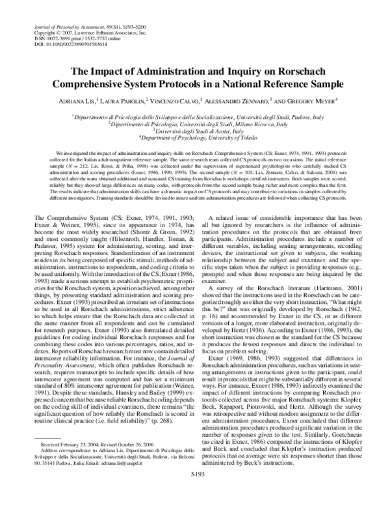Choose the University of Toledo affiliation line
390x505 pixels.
[x=195, y=138]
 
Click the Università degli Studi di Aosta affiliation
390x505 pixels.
[x=195, y=130]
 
